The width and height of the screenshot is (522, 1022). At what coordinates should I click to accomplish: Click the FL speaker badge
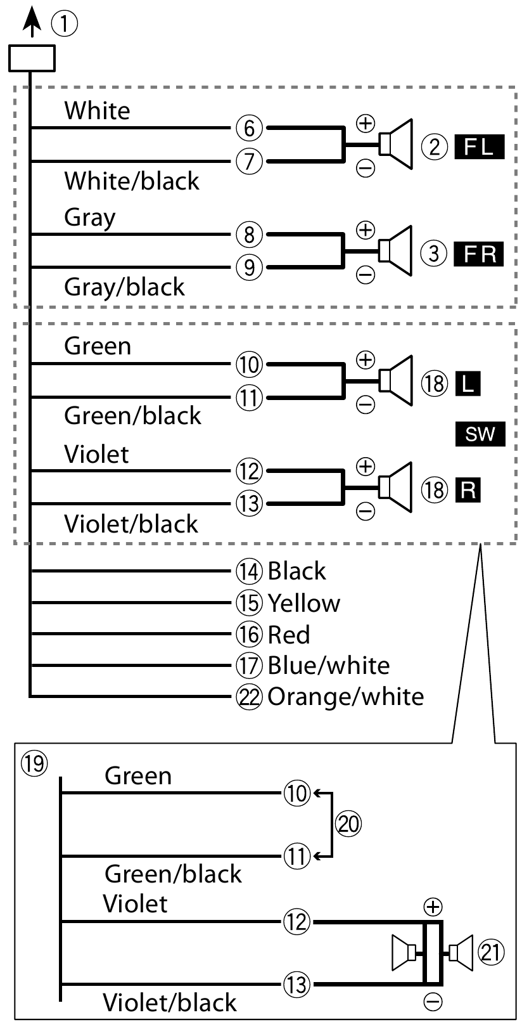click(480, 147)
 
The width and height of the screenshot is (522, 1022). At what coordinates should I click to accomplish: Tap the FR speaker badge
click(480, 254)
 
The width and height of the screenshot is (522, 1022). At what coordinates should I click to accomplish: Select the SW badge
click(480, 434)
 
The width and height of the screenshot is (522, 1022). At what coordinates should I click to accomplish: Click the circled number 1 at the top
click(65, 25)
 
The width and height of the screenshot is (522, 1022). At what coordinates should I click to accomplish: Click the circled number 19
click(34, 763)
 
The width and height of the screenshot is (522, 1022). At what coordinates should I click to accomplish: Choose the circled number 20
click(348, 824)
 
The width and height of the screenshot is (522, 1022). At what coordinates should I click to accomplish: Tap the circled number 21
click(492, 952)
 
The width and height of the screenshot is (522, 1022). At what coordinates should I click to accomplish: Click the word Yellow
click(303, 603)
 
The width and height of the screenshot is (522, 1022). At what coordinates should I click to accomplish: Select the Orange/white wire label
click(345, 696)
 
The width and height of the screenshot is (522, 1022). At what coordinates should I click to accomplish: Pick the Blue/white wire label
click(328, 665)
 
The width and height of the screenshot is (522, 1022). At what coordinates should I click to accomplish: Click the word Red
click(289, 634)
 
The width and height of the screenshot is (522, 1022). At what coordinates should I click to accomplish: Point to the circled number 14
click(249, 571)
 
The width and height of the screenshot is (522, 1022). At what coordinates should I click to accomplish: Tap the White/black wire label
click(132, 181)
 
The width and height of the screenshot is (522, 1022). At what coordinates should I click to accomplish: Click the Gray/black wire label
click(124, 287)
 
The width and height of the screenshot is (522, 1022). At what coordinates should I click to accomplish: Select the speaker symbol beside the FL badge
click(396, 145)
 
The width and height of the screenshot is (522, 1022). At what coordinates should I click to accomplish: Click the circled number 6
click(249, 128)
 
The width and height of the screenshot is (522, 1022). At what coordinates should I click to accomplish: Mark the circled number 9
click(249, 267)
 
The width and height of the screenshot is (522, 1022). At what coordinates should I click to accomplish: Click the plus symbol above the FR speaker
click(366, 229)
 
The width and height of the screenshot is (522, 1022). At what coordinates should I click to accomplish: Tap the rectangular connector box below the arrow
click(32, 58)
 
